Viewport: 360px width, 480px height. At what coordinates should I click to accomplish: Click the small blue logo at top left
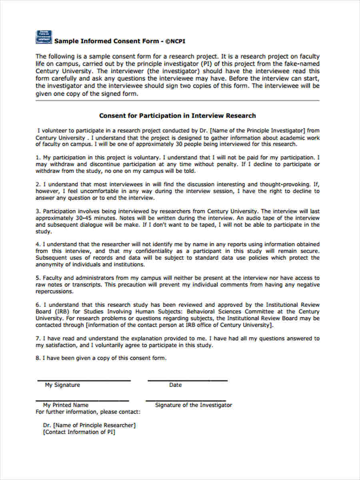click(43, 36)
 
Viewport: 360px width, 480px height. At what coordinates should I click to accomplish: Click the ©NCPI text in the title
click(176, 41)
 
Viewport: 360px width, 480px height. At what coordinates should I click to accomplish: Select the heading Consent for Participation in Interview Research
click(177, 116)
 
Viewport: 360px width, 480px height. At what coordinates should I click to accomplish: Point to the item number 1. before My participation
click(38, 158)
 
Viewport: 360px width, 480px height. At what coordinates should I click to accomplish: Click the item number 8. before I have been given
click(38, 358)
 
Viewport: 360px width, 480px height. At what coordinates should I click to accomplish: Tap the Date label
click(175, 385)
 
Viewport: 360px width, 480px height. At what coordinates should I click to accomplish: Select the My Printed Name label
click(66, 405)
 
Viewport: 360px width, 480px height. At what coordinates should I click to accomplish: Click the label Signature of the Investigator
click(193, 405)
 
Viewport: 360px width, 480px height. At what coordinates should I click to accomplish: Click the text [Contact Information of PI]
click(79, 432)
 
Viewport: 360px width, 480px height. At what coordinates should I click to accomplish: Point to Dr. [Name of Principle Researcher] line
click(89, 425)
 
